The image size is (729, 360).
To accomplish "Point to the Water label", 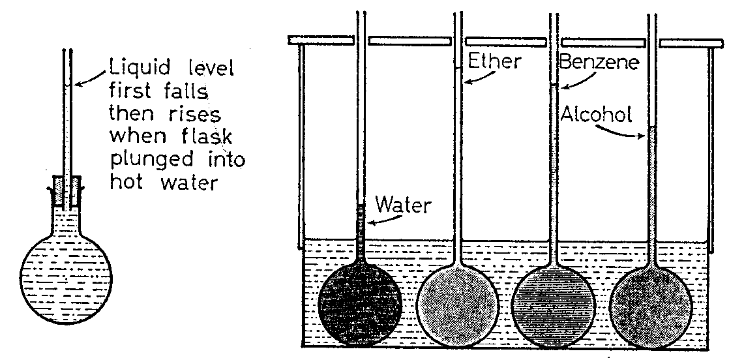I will [x=404, y=205].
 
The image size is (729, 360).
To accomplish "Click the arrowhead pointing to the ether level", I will [x=466, y=82].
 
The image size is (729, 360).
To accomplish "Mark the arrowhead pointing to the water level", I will [x=367, y=222].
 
